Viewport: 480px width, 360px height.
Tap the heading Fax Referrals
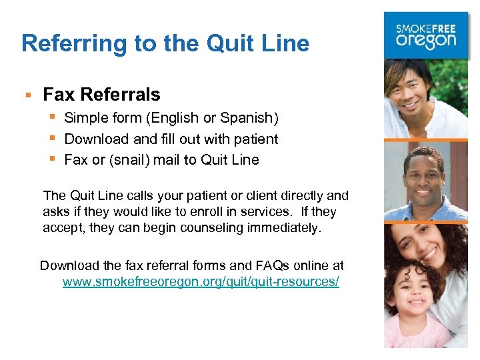[101, 95]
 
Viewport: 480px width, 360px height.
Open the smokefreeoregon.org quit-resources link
[201, 282]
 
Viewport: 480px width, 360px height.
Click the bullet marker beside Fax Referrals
[28, 95]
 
